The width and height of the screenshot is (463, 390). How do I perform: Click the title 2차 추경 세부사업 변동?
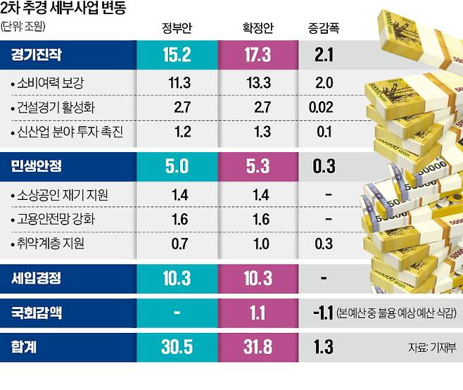[68, 9]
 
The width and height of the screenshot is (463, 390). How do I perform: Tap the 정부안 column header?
[176, 29]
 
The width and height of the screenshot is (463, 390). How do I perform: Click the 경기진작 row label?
[36, 54]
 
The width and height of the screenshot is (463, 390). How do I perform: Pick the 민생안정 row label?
[36, 167]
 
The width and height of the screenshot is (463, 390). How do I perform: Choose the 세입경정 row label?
[36, 278]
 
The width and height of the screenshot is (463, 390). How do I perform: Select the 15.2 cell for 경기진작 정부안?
[176, 54]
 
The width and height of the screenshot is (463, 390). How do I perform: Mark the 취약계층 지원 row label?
[51, 244]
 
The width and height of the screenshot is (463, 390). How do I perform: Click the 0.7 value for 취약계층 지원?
[179, 244]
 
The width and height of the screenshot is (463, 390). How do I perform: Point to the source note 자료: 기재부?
[431, 348]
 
